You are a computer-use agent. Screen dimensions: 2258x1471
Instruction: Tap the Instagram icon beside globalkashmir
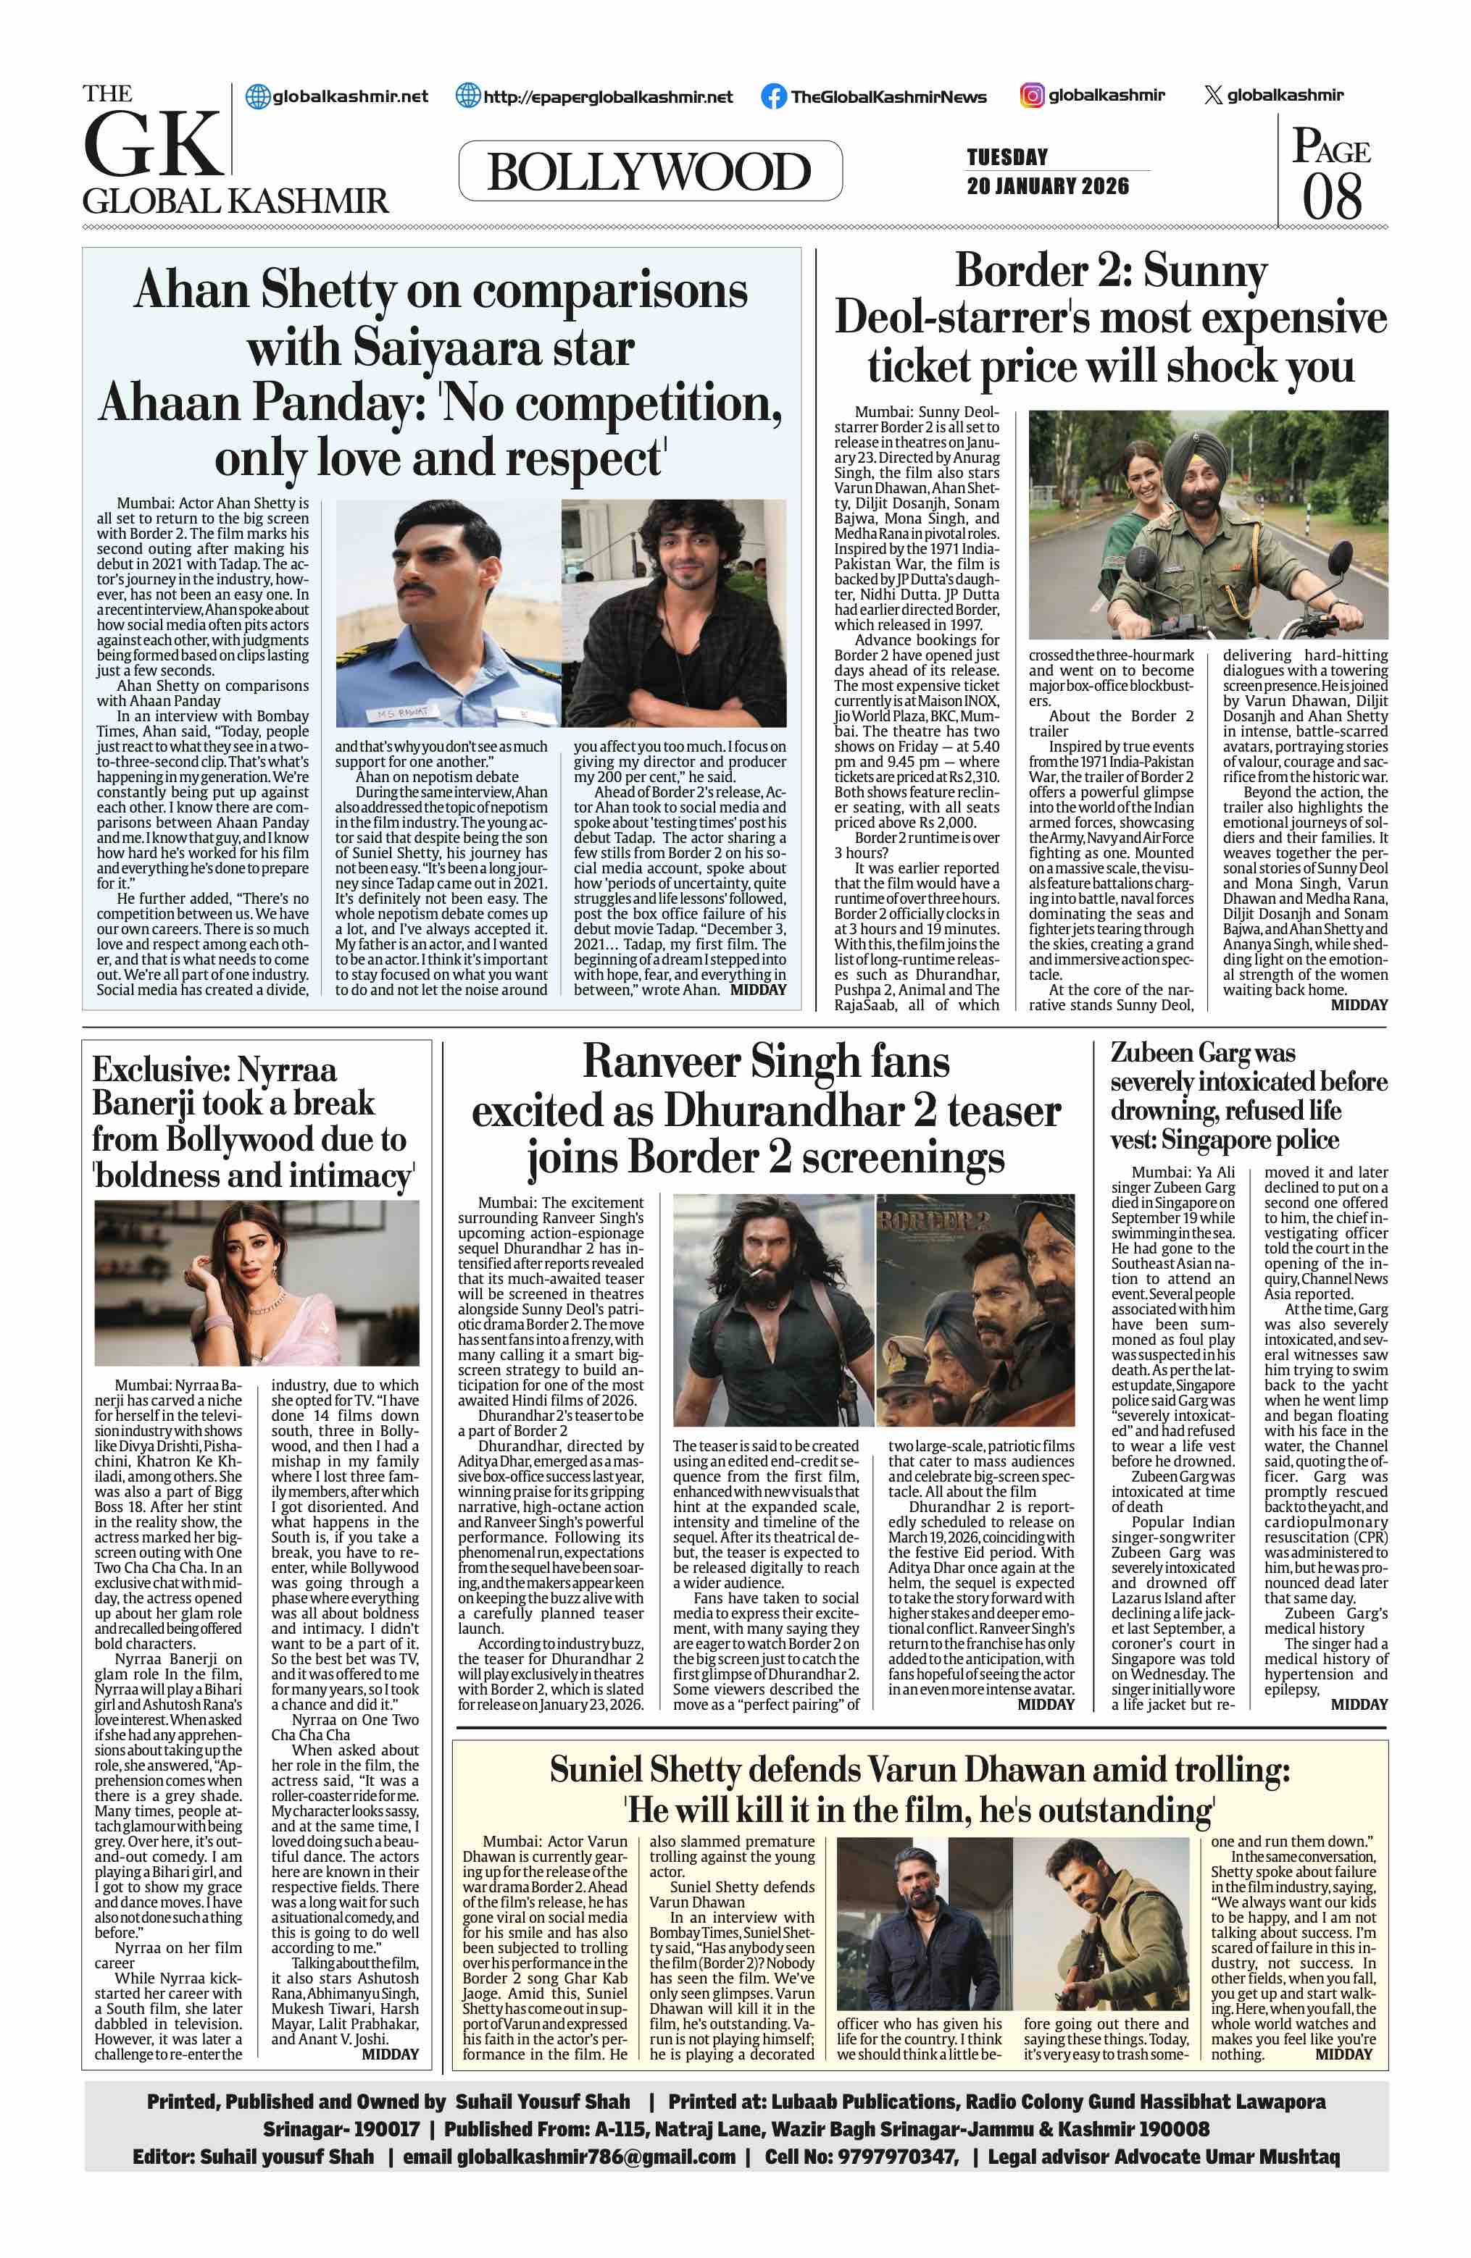[x=1032, y=95]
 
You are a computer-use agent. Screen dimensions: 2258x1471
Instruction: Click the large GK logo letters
[x=154, y=144]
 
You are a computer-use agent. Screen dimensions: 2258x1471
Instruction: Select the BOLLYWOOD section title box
[x=649, y=172]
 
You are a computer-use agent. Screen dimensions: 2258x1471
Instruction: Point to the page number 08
[x=1331, y=197]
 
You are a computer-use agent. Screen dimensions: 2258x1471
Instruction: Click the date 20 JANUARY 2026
[x=1048, y=186]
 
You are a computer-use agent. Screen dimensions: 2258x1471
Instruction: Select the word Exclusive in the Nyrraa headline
[x=159, y=1070]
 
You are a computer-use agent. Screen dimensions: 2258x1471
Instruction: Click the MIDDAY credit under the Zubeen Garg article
[x=1359, y=1705]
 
